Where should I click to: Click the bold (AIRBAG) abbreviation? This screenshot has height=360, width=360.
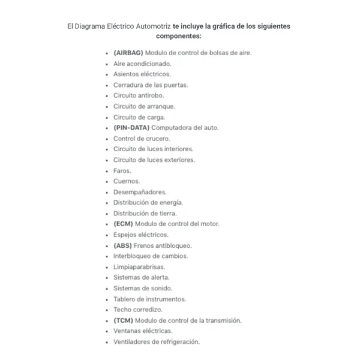tap(128, 53)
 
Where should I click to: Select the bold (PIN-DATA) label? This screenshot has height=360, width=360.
tap(131, 128)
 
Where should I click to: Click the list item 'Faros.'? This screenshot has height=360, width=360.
tap(122, 171)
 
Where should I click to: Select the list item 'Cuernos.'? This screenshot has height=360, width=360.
tap(127, 181)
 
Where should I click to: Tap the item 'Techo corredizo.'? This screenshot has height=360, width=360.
tap(138, 310)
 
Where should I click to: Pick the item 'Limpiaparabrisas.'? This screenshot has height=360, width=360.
tap(139, 267)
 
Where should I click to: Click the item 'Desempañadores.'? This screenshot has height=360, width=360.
tap(140, 192)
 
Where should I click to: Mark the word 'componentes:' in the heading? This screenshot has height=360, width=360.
tap(178, 37)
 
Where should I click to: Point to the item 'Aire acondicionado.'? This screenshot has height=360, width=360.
tap(143, 64)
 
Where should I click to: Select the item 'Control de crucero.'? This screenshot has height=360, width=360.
tap(142, 139)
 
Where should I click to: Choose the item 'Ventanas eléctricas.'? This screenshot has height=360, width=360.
tap(143, 331)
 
